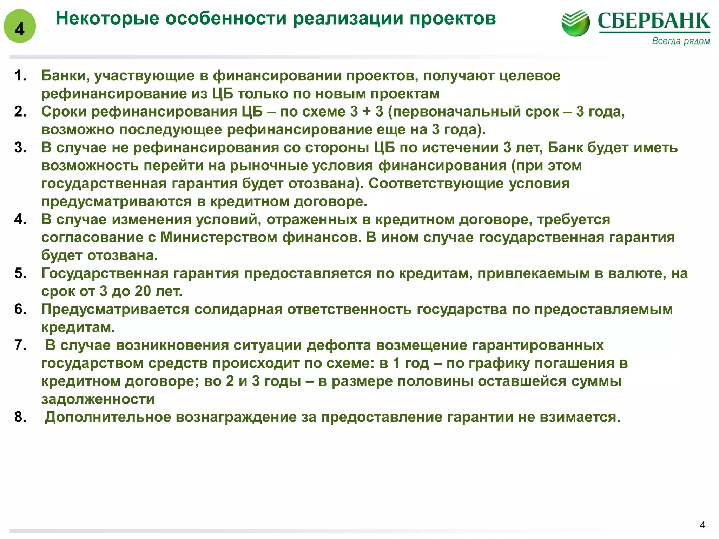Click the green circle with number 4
(20, 27)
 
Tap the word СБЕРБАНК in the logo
(654, 21)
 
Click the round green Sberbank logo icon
(576, 23)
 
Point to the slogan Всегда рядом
(681, 41)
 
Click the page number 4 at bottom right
(702, 525)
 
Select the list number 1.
(20, 76)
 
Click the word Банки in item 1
(66, 76)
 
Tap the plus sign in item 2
(367, 112)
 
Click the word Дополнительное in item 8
(108, 417)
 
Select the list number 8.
(20, 417)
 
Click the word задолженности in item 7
(98, 399)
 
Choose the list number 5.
(20, 273)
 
